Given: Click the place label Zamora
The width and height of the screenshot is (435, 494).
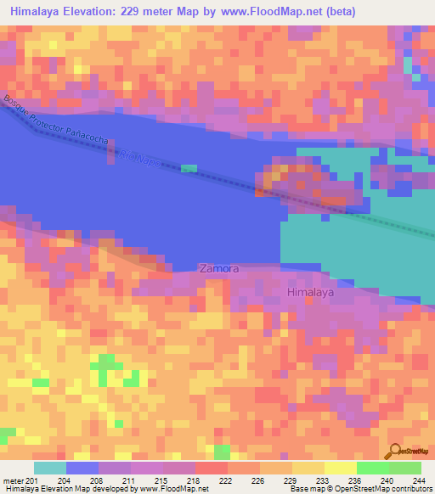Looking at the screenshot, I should click(218, 268).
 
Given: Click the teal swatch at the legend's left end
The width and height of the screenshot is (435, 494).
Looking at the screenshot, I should click(49, 468).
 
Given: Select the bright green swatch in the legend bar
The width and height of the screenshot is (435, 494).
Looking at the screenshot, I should click(372, 468).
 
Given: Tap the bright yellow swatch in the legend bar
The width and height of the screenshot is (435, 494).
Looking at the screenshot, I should click(340, 468).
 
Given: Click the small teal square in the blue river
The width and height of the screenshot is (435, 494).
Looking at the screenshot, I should click(189, 168).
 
